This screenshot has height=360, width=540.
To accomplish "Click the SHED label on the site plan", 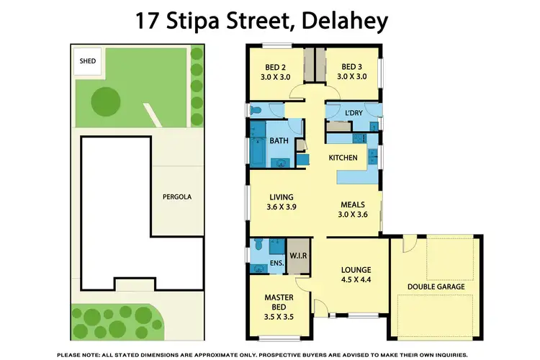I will pos(88,61).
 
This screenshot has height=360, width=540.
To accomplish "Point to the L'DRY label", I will pos(354,114).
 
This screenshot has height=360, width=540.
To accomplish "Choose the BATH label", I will pos(279,143).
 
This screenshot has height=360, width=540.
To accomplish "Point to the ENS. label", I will pos(277,265).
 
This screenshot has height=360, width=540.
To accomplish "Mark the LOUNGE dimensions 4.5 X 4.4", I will pos(355,281).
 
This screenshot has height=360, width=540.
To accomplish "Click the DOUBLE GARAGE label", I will pos(435,287).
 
